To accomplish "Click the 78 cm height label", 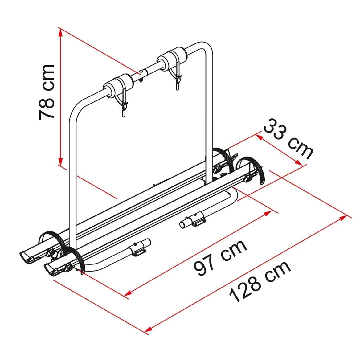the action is pos(47,92).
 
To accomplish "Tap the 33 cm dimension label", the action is pos(288,139).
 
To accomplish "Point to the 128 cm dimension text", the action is pos(260,281).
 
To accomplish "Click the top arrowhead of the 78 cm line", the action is pos(60,33).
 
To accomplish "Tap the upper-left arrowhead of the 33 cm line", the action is pos(259,137).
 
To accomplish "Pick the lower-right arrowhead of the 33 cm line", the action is pos(298,162).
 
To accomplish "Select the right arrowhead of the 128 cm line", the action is pos(343,217).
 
